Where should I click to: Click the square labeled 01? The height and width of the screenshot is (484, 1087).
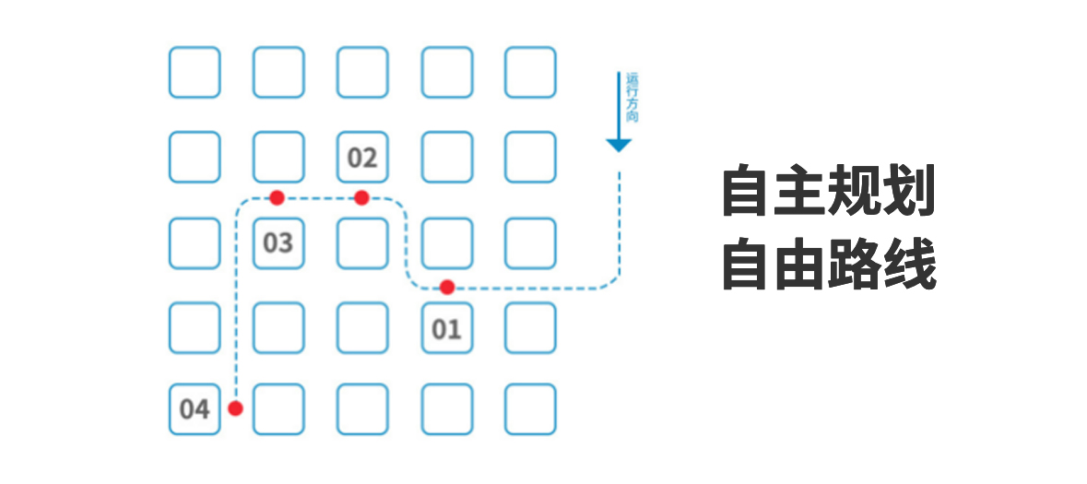(446, 327)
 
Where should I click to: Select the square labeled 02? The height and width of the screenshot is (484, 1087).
(362, 157)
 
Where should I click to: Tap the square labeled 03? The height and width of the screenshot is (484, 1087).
(278, 242)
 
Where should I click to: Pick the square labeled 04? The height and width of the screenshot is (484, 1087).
(195, 408)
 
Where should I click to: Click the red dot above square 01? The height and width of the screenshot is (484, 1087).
(447, 287)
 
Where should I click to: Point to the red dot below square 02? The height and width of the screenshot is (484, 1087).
(361, 197)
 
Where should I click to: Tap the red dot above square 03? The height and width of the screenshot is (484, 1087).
(277, 197)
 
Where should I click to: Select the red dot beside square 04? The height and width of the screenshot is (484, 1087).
(235, 408)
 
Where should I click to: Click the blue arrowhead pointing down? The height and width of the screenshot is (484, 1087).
(619, 144)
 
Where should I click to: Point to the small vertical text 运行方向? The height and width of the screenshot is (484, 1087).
(632, 97)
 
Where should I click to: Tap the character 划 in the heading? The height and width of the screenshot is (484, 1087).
(909, 192)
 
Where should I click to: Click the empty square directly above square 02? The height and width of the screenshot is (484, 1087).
(362, 72)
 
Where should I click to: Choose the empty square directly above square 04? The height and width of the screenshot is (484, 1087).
(195, 327)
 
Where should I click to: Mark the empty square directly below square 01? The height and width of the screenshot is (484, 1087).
(446, 408)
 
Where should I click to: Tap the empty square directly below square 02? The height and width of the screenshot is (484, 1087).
(362, 242)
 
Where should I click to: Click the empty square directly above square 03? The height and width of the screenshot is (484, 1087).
(278, 157)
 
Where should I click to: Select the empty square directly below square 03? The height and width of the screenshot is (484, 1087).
(278, 327)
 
